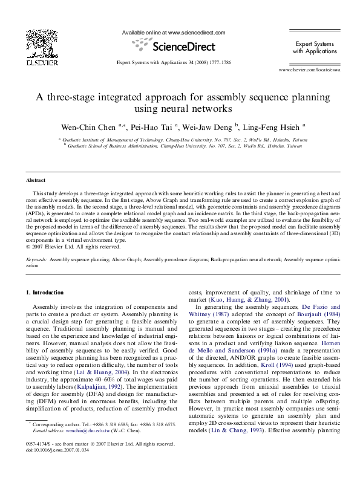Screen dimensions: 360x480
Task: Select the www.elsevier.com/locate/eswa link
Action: pyautogui.click(x=309, y=71)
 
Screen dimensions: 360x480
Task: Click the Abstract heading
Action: pyautogui.click(x=36, y=181)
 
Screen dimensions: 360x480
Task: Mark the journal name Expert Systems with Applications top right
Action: pyautogui.click(x=313, y=48)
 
